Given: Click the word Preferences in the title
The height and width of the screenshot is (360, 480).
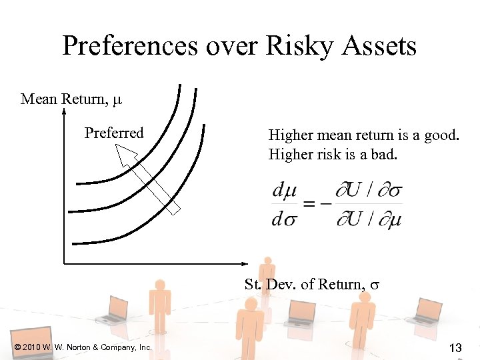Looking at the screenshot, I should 131,47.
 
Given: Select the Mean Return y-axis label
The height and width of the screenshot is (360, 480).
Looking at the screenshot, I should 71,99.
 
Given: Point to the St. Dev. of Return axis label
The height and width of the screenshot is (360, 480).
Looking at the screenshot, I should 311,284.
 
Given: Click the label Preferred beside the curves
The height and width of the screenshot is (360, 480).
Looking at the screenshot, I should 114,133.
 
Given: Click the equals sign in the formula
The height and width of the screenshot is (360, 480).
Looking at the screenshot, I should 309,203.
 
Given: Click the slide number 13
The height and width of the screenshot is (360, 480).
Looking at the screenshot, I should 455,347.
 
